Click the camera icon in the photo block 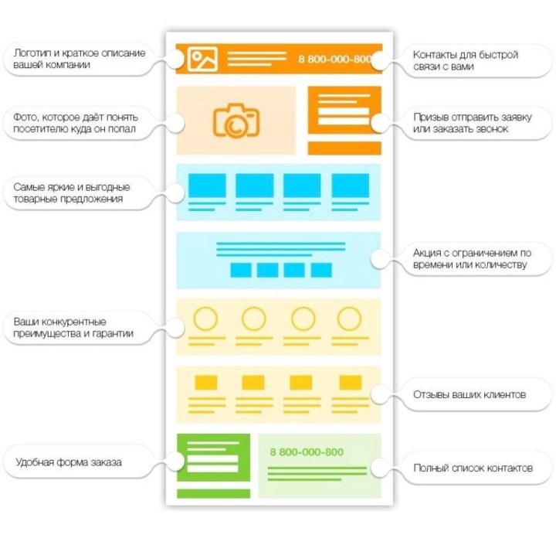tap(236, 121)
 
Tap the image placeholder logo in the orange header tap(202, 59)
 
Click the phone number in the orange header tap(335, 59)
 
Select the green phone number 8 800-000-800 tap(307, 452)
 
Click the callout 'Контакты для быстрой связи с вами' tap(466, 61)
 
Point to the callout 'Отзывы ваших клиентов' tap(470, 394)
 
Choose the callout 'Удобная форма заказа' tap(69, 462)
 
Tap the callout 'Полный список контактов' tap(473, 468)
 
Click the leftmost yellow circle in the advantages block tap(205, 319)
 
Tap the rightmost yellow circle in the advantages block tap(349, 319)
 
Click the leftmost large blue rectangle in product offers tap(207, 186)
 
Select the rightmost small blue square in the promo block tap(321, 270)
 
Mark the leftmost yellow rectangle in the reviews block tap(206, 383)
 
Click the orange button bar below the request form tap(344, 148)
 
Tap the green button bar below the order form tap(213, 493)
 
